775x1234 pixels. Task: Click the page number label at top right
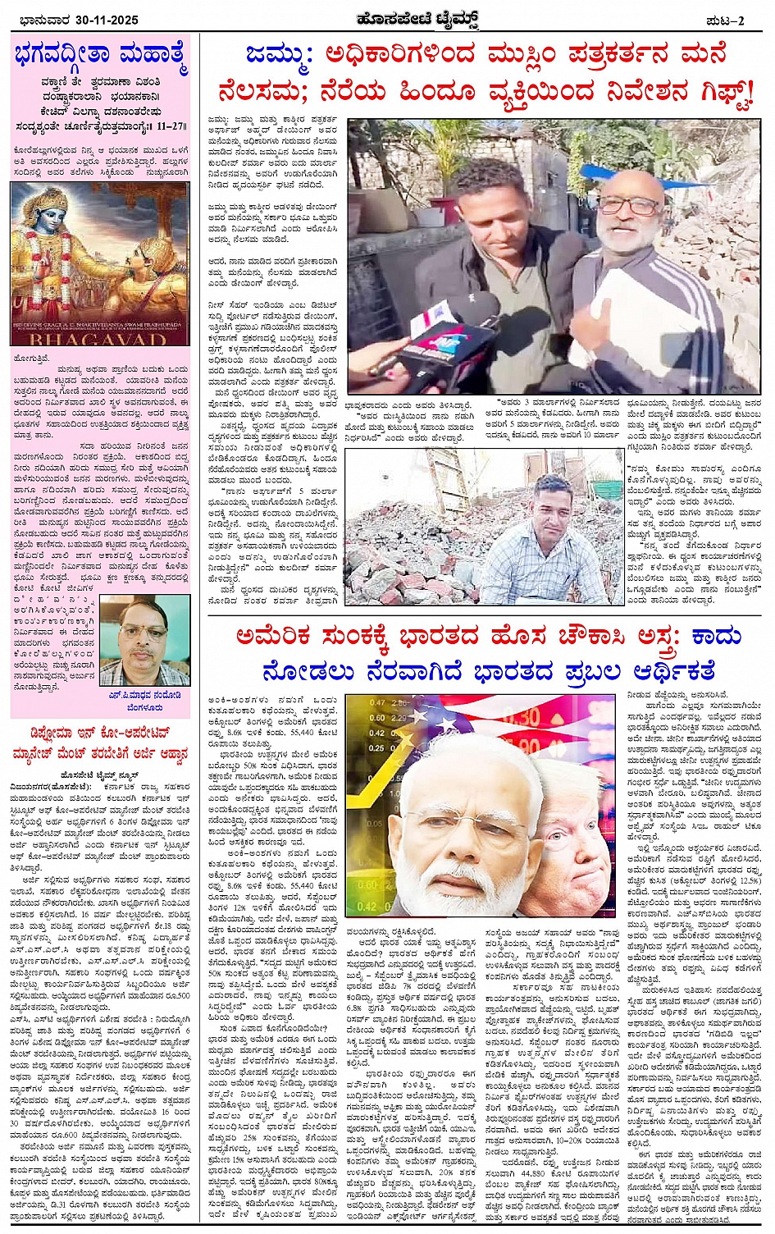pos(726,21)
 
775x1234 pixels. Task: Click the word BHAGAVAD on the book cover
pos(100,338)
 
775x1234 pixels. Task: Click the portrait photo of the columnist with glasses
pos(145,640)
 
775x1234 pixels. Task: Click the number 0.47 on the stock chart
pos(376,702)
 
